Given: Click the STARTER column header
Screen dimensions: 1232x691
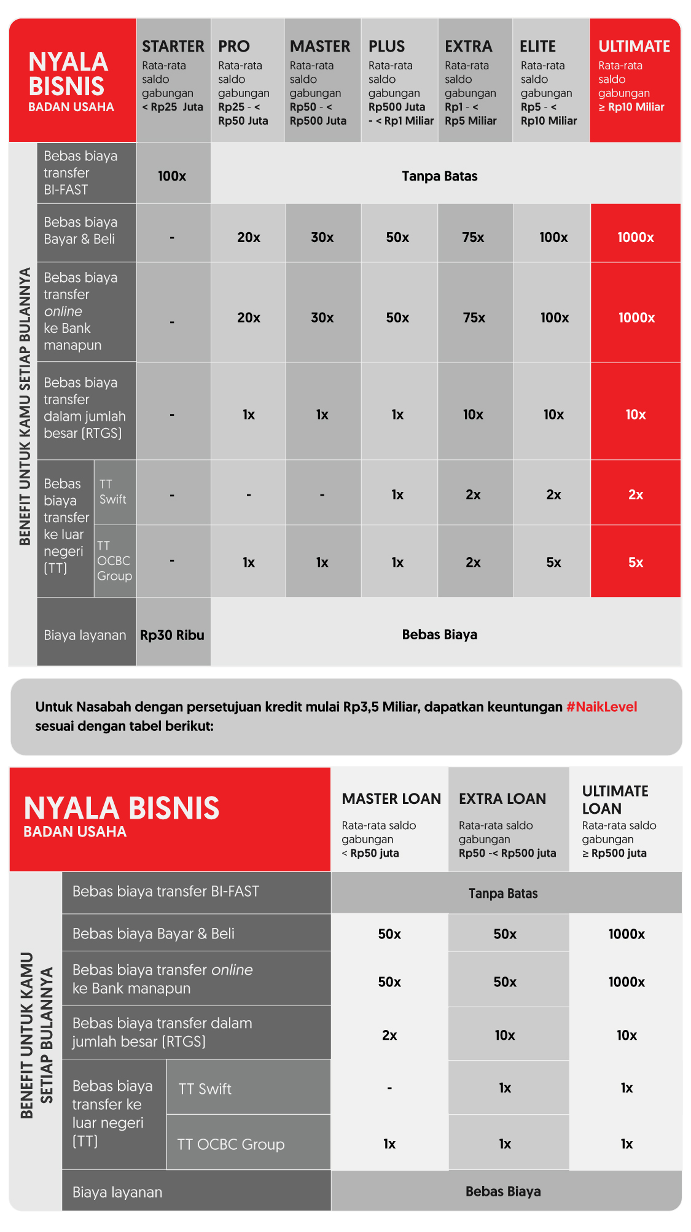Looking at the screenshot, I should (x=173, y=47).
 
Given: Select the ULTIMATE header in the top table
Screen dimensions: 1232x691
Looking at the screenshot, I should (x=634, y=47).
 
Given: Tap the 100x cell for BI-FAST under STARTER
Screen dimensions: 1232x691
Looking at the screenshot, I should (x=172, y=176).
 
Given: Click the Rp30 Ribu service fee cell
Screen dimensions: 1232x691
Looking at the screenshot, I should (x=172, y=635).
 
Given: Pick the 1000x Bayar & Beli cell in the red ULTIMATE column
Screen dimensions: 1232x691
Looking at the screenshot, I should (x=635, y=238).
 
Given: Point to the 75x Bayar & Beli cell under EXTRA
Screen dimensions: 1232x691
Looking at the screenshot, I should (x=473, y=238).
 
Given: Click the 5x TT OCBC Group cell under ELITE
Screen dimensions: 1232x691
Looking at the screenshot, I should (x=553, y=563).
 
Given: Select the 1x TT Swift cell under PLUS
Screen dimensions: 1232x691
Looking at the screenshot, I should (x=397, y=495).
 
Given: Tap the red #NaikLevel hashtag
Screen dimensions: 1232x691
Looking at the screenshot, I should (x=601, y=707).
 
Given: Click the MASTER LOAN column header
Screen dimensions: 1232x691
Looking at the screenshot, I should (x=391, y=799).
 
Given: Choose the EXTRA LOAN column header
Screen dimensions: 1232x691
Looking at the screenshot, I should (x=502, y=799).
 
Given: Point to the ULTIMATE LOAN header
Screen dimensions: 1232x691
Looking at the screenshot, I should (x=615, y=800).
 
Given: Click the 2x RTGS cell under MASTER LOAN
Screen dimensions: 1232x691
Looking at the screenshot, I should (x=389, y=1035).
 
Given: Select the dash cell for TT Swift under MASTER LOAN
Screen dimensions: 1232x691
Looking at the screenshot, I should (x=389, y=1088).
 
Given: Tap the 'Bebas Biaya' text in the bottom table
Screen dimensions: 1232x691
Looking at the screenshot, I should (x=503, y=1191).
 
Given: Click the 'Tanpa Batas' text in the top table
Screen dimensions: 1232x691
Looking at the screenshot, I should (x=439, y=176).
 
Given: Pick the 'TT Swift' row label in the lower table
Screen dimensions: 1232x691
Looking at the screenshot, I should (x=205, y=1089).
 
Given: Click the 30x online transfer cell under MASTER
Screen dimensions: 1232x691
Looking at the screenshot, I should (x=322, y=318).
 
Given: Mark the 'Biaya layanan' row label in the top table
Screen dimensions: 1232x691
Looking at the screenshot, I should (x=85, y=635).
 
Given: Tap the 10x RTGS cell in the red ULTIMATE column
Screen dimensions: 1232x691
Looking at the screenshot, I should (x=635, y=415).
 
